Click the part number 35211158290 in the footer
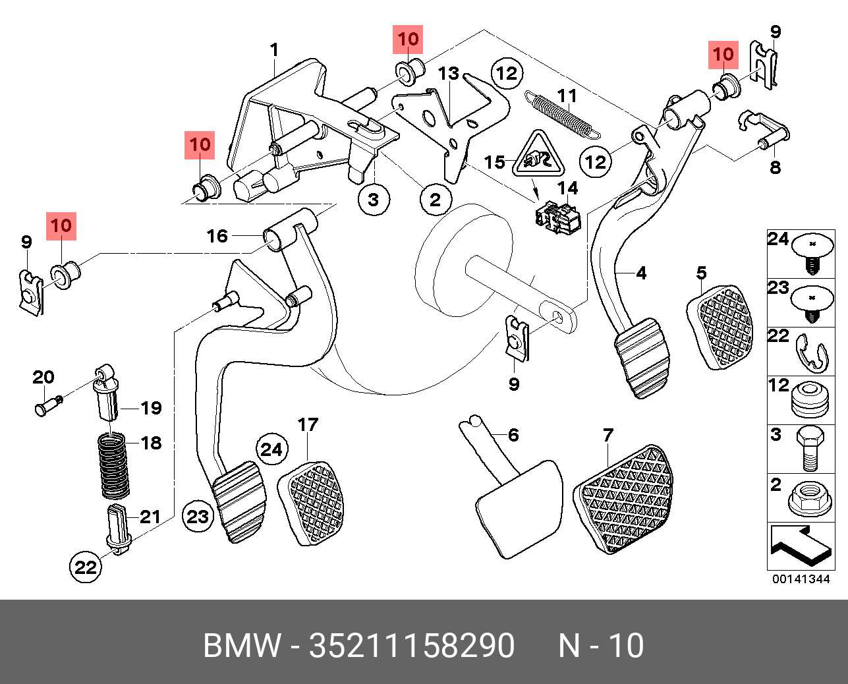click(412, 645)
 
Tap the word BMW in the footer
click(242, 645)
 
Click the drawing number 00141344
click(801, 579)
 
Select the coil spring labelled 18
click(113, 465)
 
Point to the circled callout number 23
click(198, 516)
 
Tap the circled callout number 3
click(374, 198)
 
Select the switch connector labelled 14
click(558, 218)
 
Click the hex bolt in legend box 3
click(808, 449)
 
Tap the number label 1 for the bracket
click(274, 49)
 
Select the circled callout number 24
click(271, 449)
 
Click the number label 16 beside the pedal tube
click(217, 235)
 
